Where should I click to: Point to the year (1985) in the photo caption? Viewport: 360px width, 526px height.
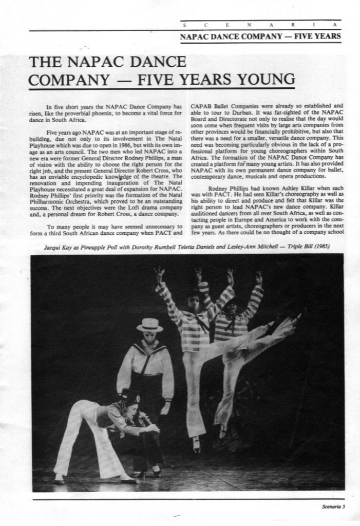[x=319, y=247]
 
